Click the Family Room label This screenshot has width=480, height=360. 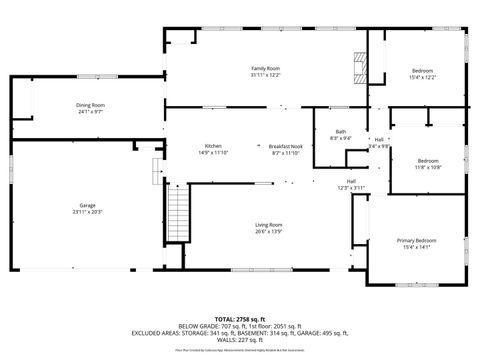(x=265, y=68)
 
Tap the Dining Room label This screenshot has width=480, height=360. (x=90, y=105)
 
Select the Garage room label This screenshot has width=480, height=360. (x=88, y=205)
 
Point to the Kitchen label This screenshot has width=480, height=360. (x=213, y=146)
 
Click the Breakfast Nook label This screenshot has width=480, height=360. (x=286, y=146)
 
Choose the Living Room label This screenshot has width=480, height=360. (x=268, y=225)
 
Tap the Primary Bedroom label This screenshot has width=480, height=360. (x=416, y=241)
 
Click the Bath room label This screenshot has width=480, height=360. (x=341, y=132)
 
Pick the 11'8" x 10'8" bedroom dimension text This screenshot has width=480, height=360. (x=428, y=167)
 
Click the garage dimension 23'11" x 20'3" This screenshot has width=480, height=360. (x=88, y=212)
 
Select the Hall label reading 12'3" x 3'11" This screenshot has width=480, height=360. (x=351, y=187)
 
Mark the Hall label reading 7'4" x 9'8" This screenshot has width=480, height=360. (x=379, y=146)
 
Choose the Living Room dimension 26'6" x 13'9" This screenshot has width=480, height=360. (x=268, y=232)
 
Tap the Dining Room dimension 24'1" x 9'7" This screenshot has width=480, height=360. (x=90, y=112)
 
